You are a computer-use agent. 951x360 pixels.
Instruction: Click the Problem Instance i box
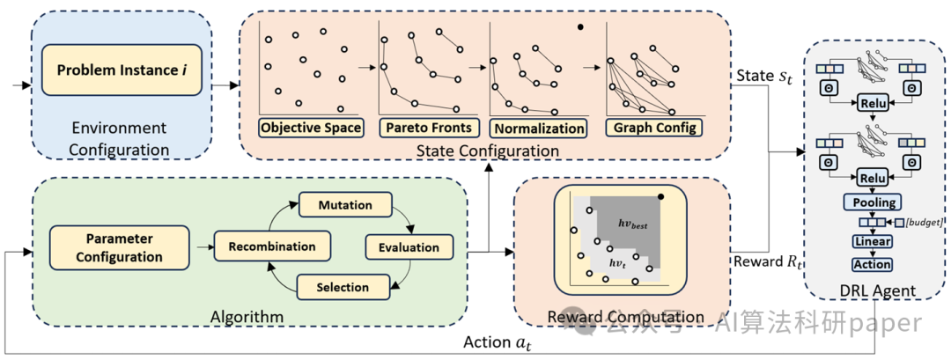coord(122,68)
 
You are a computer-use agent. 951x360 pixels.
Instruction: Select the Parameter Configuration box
coord(120,247)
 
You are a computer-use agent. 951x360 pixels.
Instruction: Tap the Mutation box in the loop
coord(344,205)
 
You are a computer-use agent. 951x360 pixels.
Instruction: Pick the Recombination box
coord(266,246)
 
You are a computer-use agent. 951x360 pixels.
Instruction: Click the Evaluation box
coord(408,247)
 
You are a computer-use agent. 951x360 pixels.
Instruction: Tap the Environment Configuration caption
coord(121,141)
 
